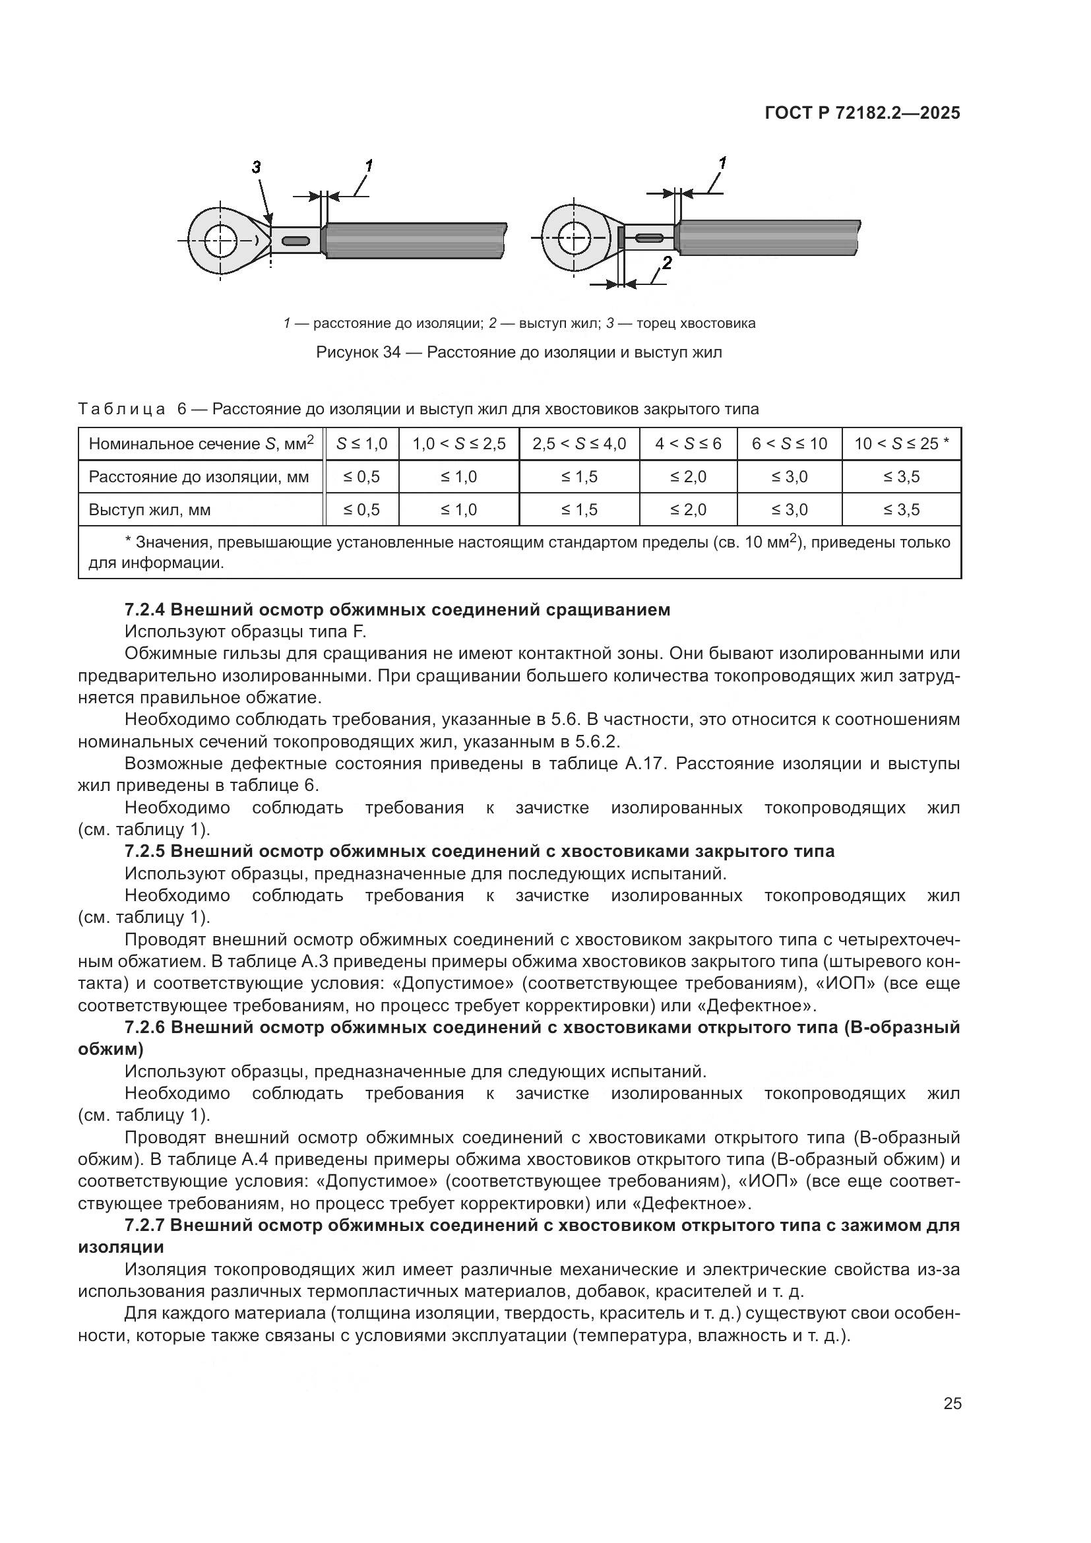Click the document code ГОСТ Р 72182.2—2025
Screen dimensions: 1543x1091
coord(863,113)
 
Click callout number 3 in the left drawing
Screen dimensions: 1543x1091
coord(256,168)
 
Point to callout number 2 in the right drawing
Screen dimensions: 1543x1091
coord(666,263)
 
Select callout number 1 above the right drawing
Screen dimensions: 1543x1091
coord(722,163)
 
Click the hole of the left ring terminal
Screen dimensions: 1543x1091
coord(221,241)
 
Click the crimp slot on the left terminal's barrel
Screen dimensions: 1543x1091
coord(296,241)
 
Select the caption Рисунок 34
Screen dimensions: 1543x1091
coord(358,352)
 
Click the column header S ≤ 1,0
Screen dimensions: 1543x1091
coord(361,443)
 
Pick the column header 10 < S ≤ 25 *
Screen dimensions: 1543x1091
coord(901,443)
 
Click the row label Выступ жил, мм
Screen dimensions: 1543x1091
coord(150,509)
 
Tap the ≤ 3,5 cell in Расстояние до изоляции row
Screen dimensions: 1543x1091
coord(901,476)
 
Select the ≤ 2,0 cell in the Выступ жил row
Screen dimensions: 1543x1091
coord(688,509)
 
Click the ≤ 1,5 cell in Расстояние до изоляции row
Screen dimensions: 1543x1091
coord(579,476)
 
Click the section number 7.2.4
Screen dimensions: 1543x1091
coord(144,610)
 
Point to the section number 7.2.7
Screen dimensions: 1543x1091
coord(144,1225)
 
